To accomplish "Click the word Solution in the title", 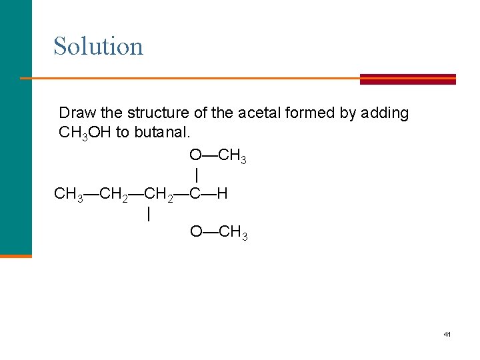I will (x=98, y=46).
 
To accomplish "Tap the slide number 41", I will (x=447, y=333).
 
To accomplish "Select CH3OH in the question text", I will (x=85, y=132).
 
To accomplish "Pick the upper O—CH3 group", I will (x=218, y=156).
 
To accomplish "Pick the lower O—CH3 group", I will (x=219, y=232).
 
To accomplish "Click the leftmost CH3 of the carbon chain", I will (x=69, y=194).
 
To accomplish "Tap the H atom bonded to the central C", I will (x=222, y=193).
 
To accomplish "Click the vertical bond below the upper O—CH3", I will (x=196, y=175).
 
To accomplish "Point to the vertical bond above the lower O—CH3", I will (x=148, y=214).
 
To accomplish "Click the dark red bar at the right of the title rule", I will (x=407, y=79).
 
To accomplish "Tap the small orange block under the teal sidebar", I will (x=16, y=255).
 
